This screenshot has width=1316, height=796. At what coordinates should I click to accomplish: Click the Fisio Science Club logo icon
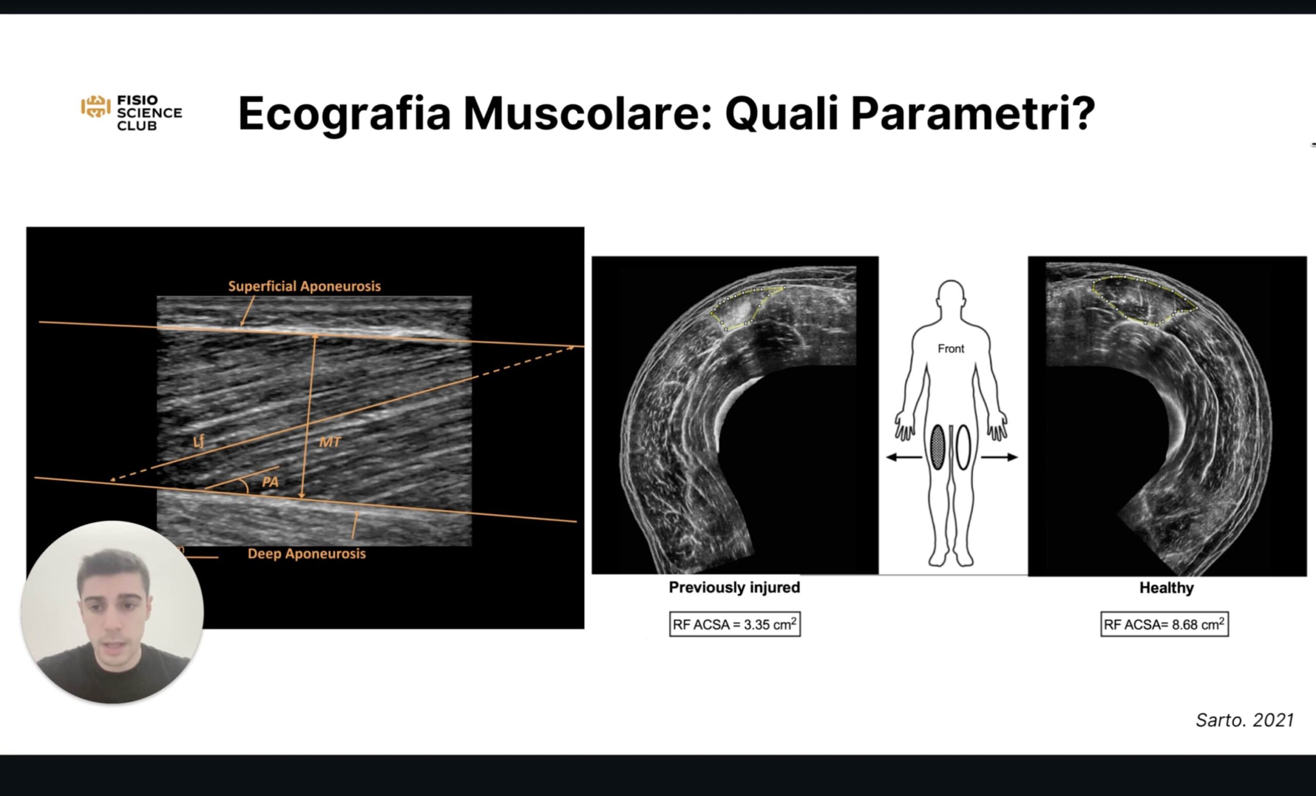pos(96,107)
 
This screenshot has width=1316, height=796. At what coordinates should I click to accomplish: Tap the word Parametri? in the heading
pos(972,113)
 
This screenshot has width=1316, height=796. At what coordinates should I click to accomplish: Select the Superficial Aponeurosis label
pos(304,286)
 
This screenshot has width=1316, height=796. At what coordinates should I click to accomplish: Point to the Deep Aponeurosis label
pos(306,553)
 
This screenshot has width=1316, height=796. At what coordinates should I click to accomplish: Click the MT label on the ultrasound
pos(330,442)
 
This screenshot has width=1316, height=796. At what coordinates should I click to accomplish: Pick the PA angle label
pos(270,482)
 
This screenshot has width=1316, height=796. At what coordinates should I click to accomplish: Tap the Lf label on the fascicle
pos(198,441)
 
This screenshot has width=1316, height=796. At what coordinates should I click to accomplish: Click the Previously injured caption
pos(735,587)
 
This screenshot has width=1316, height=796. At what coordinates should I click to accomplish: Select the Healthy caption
pos(1166,588)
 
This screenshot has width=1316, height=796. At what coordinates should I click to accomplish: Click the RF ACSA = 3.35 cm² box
pos(735,624)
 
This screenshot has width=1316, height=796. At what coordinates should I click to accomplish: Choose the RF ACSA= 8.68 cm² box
pos(1164,624)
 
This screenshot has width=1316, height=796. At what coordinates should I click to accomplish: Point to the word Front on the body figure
pos(951,349)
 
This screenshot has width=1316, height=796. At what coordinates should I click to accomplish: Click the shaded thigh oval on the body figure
pos(937,447)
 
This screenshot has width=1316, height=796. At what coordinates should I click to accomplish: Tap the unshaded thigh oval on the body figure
pos(963,447)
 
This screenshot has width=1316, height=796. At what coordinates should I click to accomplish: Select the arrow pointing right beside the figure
pos(999,457)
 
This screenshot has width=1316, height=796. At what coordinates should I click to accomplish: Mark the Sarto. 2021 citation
pos(1245,720)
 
